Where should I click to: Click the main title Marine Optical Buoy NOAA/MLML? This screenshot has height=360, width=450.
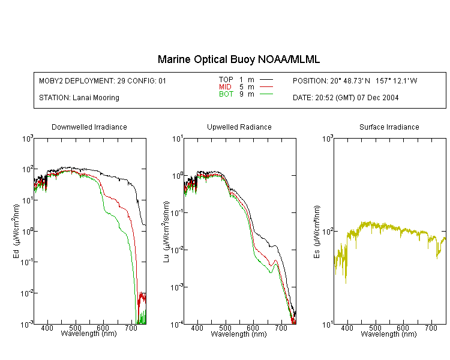click(239, 59)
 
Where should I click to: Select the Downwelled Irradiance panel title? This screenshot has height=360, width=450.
click(89, 127)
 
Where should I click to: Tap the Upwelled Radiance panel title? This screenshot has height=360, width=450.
click(239, 127)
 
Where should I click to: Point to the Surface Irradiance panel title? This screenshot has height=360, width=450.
click(389, 127)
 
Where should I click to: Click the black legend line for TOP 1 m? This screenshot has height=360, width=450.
click(266, 80)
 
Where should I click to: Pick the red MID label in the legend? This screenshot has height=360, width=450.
click(225, 86)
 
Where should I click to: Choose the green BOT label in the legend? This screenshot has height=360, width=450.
click(226, 94)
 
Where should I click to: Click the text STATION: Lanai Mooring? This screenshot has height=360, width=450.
click(79, 98)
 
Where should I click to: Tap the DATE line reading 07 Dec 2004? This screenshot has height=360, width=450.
click(346, 98)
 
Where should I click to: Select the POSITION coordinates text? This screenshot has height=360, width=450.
click(355, 80)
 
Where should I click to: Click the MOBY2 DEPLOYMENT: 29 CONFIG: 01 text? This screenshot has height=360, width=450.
click(103, 80)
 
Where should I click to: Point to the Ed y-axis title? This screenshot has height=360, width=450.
click(16, 231)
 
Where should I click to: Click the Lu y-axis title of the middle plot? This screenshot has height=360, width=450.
click(166, 232)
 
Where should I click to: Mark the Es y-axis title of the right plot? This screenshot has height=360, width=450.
click(316, 232)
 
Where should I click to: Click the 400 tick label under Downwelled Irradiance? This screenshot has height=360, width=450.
click(47, 328)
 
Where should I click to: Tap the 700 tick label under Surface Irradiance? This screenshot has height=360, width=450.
click(431, 328)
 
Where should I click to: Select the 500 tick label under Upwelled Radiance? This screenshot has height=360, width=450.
click(225, 328)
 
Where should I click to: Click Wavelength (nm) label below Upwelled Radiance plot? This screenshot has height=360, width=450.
click(239, 334)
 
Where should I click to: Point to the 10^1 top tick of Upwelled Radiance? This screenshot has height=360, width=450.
click(178, 139)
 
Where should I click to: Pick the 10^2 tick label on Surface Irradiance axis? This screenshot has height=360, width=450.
click(328, 232)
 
